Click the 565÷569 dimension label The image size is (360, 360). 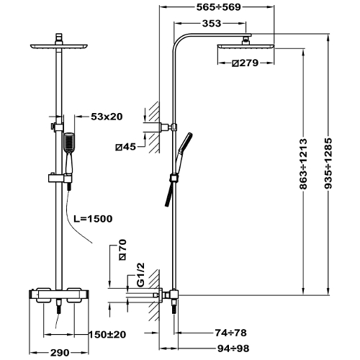[x=218, y=7]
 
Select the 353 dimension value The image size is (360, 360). [x=212, y=24]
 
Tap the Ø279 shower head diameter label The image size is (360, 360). [x=246, y=63]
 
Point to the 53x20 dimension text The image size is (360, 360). [x=107, y=117]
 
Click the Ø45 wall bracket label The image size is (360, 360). [x=125, y=147]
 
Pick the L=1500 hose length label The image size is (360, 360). [x=93, y=219]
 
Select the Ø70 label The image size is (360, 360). [x=122, y=249]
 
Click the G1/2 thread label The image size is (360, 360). [x=141, y=274]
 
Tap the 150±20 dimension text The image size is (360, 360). [x=107, y=334]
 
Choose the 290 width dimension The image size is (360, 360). [x=60, y=353]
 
